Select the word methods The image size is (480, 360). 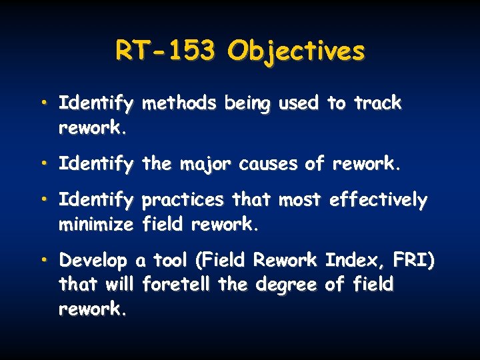tap(179, 103)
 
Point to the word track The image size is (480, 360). tap(377, 103)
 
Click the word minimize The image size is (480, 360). tap(96, 225)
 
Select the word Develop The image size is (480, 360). tap(94, 261)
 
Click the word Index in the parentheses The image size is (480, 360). tap(345, 260)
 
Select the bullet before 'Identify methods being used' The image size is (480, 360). tap(43, 103)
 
